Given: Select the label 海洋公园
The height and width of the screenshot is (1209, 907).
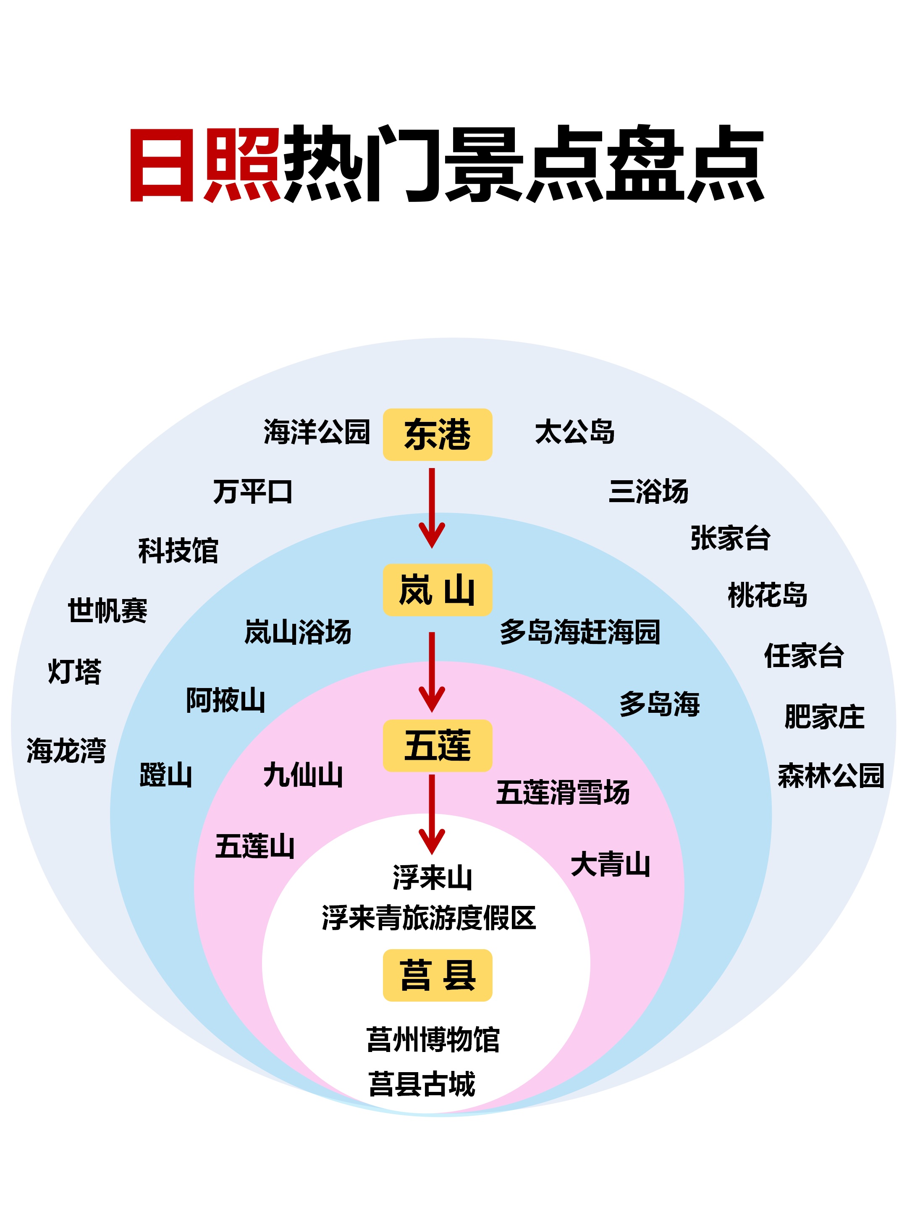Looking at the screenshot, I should coord(317,432).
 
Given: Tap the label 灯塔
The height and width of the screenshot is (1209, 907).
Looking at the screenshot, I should coord(75,671).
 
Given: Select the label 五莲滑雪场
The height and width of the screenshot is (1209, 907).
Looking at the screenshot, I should coord(563,793).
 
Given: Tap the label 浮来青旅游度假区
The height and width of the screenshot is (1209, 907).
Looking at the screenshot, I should coord(429,918).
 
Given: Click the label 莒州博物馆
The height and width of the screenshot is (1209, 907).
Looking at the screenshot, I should coord(433,1039).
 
